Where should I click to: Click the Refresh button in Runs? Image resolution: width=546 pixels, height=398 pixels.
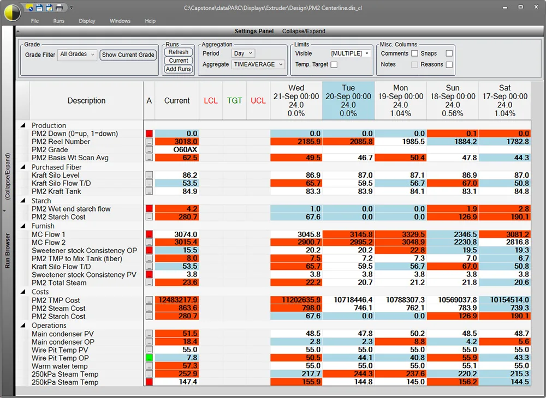point(179,52)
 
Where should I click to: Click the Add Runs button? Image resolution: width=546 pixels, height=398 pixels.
point(179,69)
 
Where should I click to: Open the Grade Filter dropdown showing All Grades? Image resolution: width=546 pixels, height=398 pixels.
point(78,55)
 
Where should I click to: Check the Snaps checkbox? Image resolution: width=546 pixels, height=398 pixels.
point(449,53)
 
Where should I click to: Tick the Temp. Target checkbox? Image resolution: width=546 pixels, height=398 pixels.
point(334,64)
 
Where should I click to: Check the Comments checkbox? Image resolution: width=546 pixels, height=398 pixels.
point(414,53)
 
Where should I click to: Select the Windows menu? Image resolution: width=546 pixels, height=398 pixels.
point(120,21)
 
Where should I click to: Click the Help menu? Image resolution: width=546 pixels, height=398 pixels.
point(150,21)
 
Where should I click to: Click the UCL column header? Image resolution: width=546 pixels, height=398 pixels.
point(258,101)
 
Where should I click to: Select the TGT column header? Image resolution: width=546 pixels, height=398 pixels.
point(235,101)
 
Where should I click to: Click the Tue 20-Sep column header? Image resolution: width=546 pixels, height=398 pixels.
point(348,100)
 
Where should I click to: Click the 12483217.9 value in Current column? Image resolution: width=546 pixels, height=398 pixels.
point(177,300)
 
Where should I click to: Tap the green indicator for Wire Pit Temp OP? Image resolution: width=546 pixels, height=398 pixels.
point(149,358)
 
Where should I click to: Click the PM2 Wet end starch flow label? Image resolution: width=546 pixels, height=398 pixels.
point(71,209)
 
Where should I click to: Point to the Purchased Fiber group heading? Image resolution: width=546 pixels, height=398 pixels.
point(57,167)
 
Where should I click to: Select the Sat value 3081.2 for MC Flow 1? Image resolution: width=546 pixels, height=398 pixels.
point(505,234)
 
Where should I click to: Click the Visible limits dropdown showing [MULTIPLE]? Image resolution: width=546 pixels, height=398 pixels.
point(350,53)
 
